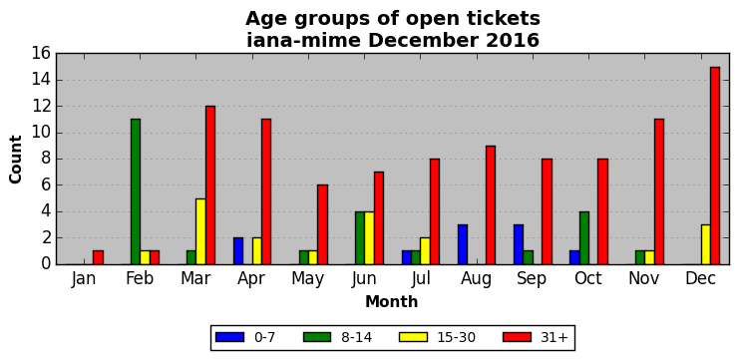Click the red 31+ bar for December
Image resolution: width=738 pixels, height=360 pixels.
(715, 166)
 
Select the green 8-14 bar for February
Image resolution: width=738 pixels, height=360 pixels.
(136, 192)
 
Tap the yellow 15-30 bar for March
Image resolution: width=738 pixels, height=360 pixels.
(201, 231)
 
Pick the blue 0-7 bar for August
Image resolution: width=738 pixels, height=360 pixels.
(463, 244)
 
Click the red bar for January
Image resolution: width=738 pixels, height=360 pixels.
(98, 258)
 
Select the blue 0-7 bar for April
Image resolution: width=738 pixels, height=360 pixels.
(238, 251)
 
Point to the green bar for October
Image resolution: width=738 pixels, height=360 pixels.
(584, 238)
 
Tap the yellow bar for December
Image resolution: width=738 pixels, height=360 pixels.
(705, 244)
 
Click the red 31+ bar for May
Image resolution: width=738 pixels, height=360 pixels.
(322, 225)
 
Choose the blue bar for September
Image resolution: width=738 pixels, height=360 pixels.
(519, 244)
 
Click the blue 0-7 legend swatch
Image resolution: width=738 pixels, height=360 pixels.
(229, 337)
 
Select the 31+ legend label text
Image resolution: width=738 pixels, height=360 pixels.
(553, 337)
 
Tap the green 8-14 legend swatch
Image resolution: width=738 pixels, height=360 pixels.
(318, 337)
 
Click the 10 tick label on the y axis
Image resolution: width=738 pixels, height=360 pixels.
(41, 133)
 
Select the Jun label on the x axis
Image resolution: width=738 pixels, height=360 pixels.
(364, 278)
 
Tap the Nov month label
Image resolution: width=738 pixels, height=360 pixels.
(644, 278)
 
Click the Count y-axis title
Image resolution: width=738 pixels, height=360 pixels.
(16, 160)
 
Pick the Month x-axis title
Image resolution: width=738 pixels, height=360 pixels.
(392, 301)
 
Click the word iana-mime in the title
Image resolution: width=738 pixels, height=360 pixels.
(304, 41)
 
